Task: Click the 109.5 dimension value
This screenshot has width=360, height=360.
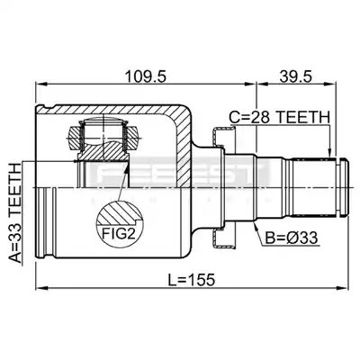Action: click(x=145, y=77)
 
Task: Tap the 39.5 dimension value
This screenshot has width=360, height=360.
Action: click(x=296, y=77)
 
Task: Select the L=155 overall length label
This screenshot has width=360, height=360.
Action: click(x=191, y=280)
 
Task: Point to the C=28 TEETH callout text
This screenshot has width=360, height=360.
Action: click(x=279, y=117)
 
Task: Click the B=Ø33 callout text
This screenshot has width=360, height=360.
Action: click(x=292, y=238)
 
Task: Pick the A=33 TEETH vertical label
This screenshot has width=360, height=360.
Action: click(x=15, y=213)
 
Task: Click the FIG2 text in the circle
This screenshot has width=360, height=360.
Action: click(x=119, y=233)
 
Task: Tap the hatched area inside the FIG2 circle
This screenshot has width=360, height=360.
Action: click(x=120, y=213)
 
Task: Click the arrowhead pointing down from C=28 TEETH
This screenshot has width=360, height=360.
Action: click(x=329, y=152)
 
